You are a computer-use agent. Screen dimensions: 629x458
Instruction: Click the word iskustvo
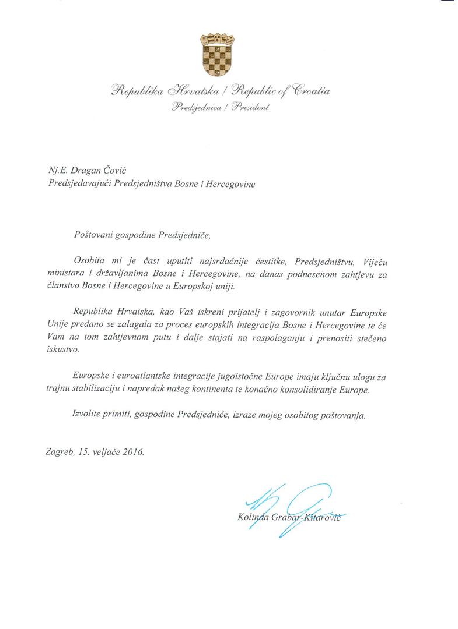click(x=60, y=351)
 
